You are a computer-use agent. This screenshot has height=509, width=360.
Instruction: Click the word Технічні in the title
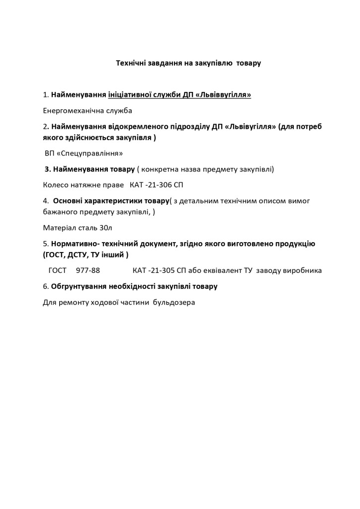tap(131, 63)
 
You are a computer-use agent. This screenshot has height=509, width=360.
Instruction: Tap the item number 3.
tap(48, 169)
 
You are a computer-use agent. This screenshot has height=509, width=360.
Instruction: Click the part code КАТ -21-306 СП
tap(157, 185)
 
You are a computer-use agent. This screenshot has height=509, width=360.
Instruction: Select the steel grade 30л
tap(106, 228)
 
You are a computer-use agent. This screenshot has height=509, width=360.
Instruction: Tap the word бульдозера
tap(174, 302)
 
